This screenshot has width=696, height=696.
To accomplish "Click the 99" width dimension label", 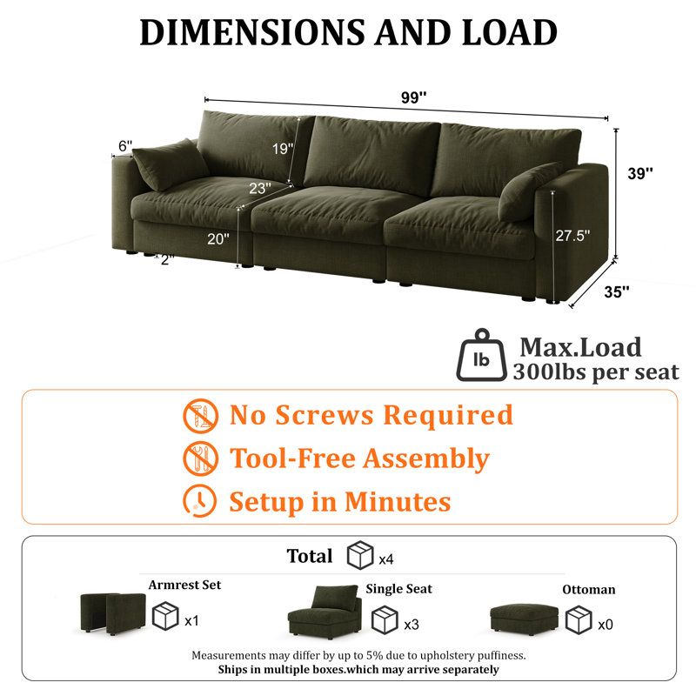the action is (414, 97).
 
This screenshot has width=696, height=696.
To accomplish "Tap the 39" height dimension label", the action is (640, 173).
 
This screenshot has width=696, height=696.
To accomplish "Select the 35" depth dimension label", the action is (617, 291).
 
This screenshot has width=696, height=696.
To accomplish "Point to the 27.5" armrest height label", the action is (572, 235).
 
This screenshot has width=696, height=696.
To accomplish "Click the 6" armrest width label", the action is (125, 145).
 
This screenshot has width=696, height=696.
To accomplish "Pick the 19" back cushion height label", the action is (283, 149).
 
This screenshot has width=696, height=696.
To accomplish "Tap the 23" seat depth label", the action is (259, 188).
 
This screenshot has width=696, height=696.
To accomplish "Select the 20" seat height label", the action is (218, 238).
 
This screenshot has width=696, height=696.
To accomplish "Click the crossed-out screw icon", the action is (201, 416).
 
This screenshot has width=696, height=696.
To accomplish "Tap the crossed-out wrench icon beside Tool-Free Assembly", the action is (201, 458).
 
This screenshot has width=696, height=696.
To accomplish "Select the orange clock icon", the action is (200, 501).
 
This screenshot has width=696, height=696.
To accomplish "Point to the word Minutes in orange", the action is (398, 502).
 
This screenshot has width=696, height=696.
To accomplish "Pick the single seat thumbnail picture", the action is (325, 612).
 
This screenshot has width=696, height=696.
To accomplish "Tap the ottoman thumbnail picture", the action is (524, 619).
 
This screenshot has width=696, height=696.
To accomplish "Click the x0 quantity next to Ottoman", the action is (605, 625).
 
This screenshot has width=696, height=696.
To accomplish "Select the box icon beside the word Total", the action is (360, 555).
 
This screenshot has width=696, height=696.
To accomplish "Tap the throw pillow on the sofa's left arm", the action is (171, 164).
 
